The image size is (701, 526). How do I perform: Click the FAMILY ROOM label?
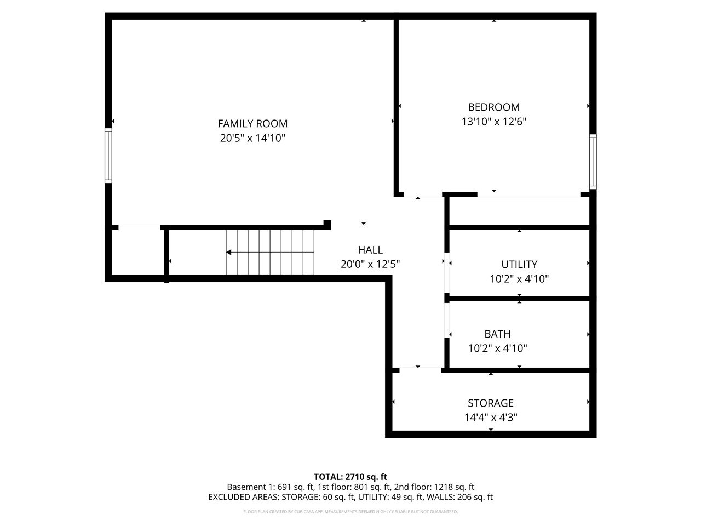pos(252,124)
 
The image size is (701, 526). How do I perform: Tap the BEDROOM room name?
pos(493,107)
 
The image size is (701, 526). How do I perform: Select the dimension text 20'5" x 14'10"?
pos(252,138)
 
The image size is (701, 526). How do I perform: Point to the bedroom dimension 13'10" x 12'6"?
pos(493,122)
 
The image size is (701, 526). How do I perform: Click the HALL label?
pos(370,250)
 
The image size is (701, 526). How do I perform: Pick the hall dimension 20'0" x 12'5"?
pos(370,264)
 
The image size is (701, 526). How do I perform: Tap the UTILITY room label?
pos(519,264)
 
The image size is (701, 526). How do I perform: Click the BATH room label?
pos(497,334)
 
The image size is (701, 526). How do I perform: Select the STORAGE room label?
pos(491,403)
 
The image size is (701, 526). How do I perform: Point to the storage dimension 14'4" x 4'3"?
pos(491,418)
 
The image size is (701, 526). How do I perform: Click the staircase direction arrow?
pos(229,253)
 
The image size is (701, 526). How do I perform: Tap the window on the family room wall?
pos(108,156)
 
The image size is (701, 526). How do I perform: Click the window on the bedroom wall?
pos(593,162)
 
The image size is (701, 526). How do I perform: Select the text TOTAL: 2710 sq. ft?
pos(350,477)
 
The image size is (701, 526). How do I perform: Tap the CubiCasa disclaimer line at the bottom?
pos(350,512)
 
